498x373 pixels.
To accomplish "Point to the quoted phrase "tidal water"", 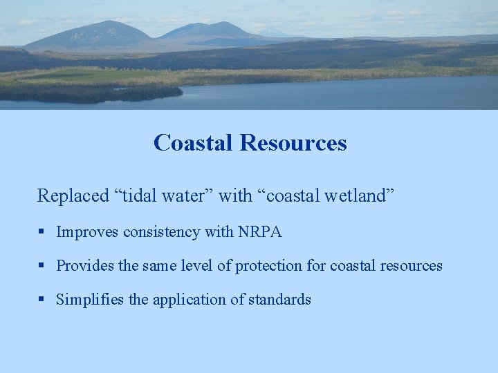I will coord(163,196).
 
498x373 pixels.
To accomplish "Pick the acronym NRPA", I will coord(259,232).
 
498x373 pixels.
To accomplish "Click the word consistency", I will coord(162,232).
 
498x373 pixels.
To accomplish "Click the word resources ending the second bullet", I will coord(411,266).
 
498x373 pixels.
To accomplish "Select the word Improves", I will coord(88,232).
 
